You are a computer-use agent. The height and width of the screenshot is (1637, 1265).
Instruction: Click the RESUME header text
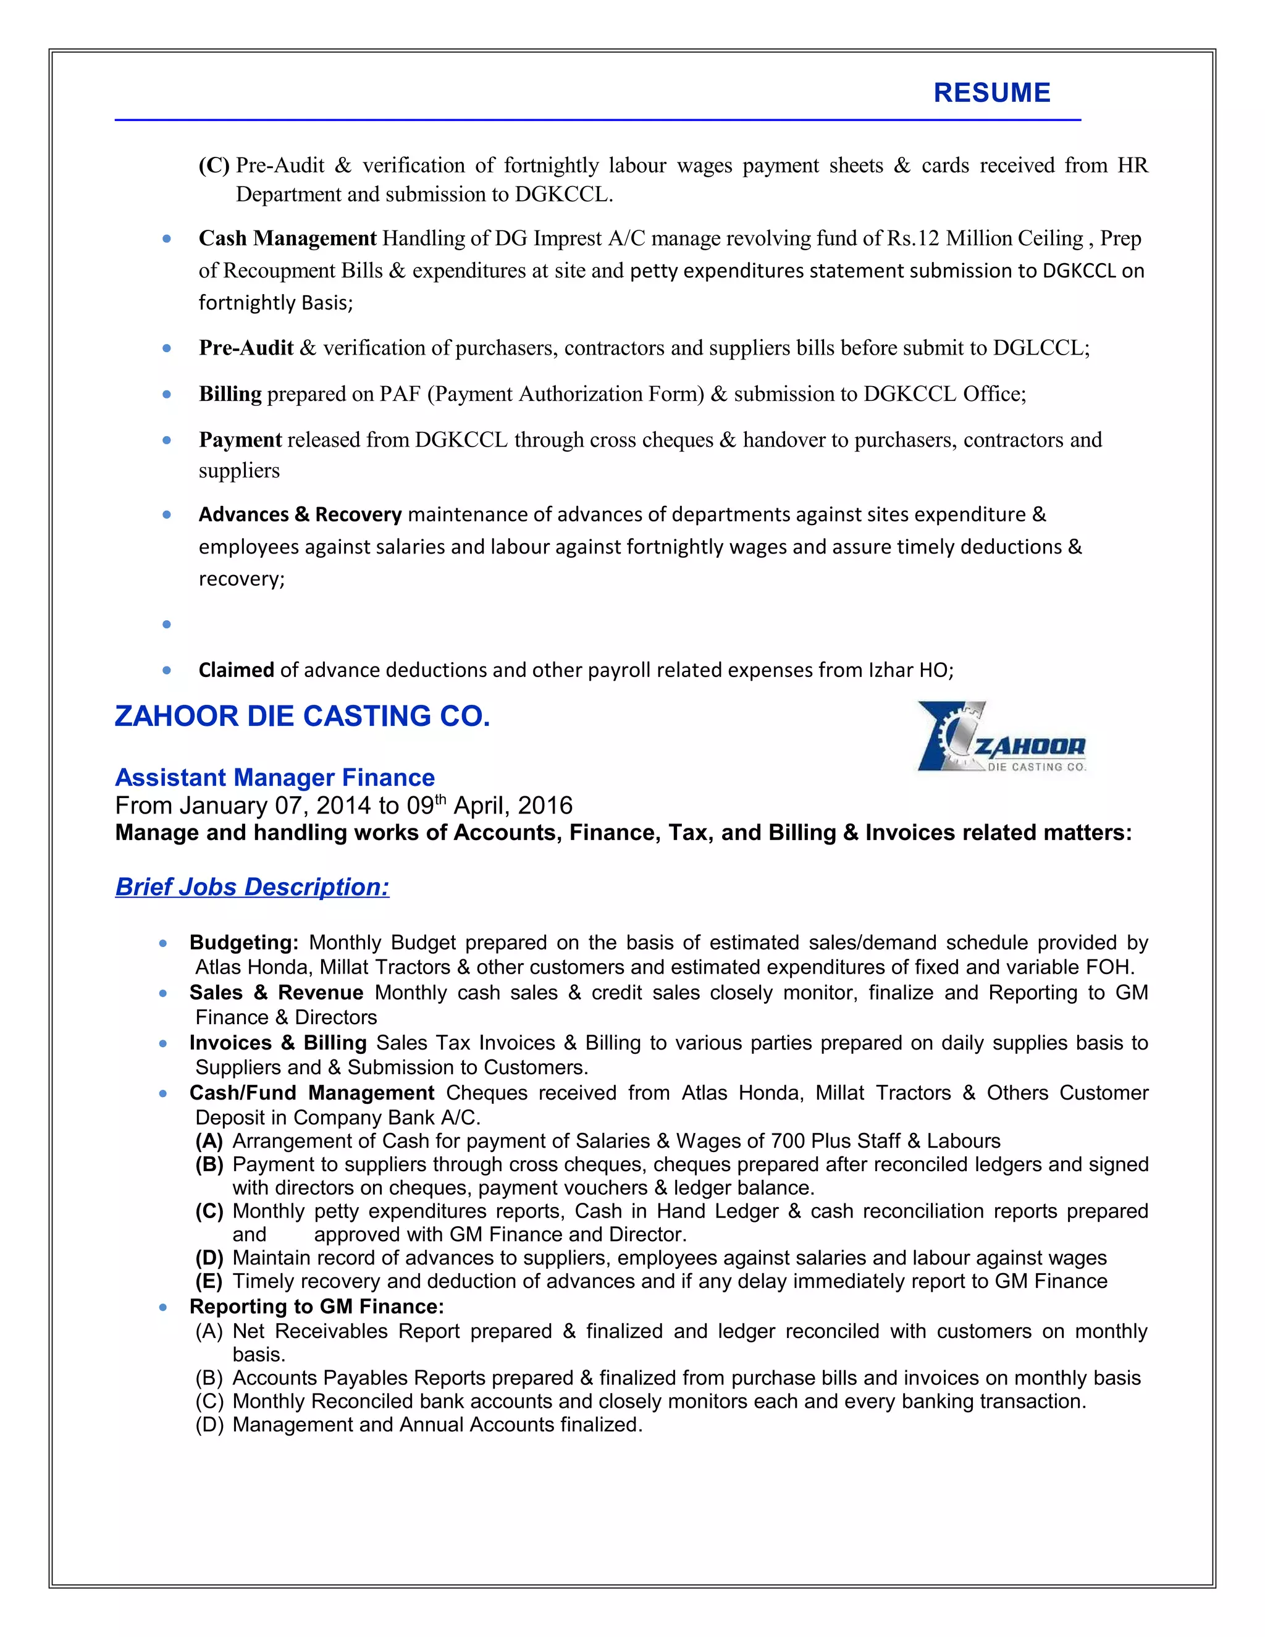click(991, 93)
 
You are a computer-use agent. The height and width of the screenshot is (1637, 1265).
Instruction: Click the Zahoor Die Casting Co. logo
click(1001, 738)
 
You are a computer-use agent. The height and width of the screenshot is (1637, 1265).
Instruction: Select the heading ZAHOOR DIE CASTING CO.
click(302, 717)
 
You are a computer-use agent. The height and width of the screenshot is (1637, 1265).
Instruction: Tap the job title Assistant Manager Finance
click(274, 777)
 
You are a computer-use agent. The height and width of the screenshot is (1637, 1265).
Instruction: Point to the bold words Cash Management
click(287, 238)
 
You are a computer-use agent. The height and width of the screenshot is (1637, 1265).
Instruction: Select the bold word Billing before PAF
click(230, 394)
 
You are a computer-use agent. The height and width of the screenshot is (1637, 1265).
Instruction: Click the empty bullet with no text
click(166, 625)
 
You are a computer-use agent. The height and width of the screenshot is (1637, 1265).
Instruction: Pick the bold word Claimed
click(236, 670)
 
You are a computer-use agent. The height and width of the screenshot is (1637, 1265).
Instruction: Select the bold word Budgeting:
click(243, 943)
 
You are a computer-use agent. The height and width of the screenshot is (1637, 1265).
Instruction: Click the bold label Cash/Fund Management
click(312, 1093)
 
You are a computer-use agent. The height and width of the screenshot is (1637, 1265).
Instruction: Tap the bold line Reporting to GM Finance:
click(316, 1307)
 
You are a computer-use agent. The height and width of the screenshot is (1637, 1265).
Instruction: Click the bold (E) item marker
click(209, 1281)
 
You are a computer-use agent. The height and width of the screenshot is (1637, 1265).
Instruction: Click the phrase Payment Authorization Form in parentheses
click(565, 394)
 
